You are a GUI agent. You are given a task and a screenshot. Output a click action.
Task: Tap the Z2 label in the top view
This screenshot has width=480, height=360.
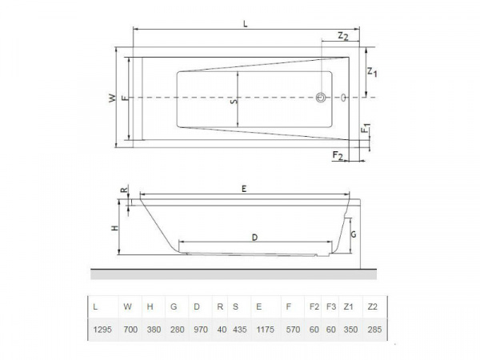[342, 36]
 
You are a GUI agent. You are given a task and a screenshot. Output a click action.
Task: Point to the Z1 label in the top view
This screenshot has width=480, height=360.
[371, 73]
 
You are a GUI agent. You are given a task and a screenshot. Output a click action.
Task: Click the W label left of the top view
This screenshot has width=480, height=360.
[112, 98]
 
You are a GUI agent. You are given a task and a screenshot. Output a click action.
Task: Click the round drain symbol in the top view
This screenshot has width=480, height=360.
[322, 98]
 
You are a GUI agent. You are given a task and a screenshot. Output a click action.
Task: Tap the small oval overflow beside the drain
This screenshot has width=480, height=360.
[344, 98]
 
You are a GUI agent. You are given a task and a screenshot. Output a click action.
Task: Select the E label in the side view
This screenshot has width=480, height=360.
[243, 188]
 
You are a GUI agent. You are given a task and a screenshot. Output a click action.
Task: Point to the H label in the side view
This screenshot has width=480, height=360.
[114, 228]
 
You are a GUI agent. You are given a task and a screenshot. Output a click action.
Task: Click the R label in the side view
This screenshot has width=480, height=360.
[122, 191]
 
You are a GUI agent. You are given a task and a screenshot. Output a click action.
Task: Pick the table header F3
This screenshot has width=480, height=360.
[331, 306]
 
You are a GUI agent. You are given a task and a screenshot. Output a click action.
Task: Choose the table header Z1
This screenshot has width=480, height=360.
[349, 306]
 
